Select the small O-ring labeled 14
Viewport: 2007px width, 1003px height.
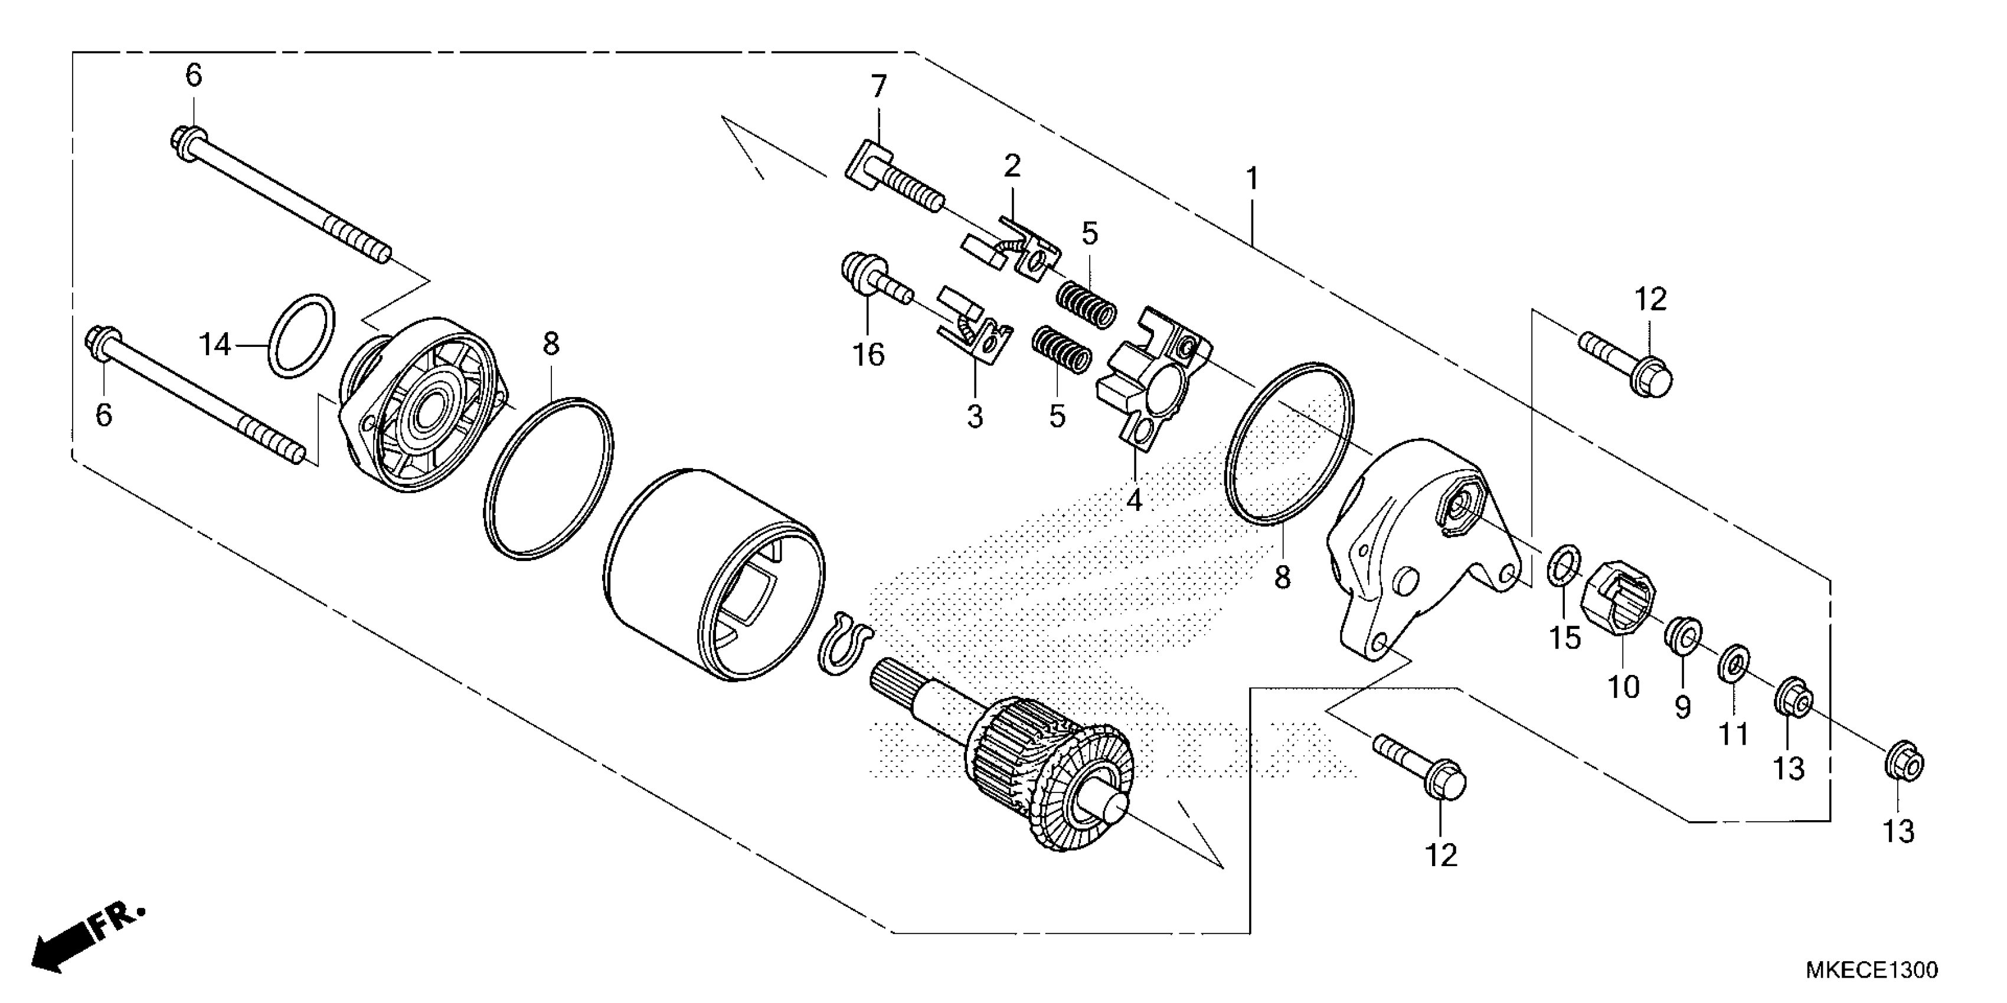(302, 336)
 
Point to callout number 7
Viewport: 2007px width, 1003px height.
(878, 87)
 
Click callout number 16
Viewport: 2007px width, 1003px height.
(869, 355)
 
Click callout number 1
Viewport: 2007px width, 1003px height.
(1252, 180)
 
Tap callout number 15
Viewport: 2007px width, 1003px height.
(1564, 637)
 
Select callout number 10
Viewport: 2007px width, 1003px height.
(1624, 687)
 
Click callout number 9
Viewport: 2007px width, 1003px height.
(1683, 706)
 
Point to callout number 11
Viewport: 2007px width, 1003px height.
(1734, 733)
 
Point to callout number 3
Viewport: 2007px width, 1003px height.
(975, 417)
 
